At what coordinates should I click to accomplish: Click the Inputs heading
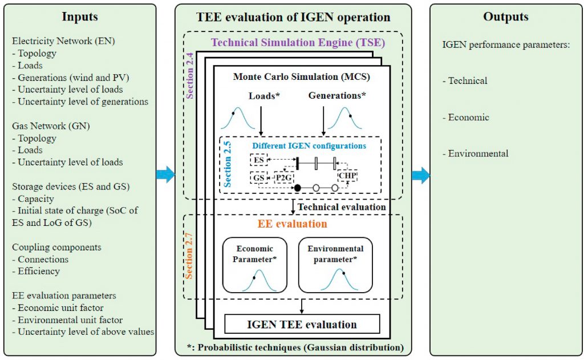79,17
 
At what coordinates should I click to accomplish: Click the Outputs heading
506,17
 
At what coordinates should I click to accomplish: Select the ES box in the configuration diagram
259,161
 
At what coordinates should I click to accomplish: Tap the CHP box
347,176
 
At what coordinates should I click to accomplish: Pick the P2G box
283,177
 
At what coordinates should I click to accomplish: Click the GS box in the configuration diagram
259,177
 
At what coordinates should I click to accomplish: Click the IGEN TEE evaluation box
302,325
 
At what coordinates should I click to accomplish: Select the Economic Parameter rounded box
254,265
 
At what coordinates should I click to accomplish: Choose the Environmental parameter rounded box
335,265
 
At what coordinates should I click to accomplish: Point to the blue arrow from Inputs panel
166,173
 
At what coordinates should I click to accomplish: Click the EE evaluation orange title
293,224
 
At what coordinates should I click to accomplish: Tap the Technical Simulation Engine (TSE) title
298,42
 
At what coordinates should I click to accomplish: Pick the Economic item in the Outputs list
469,117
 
